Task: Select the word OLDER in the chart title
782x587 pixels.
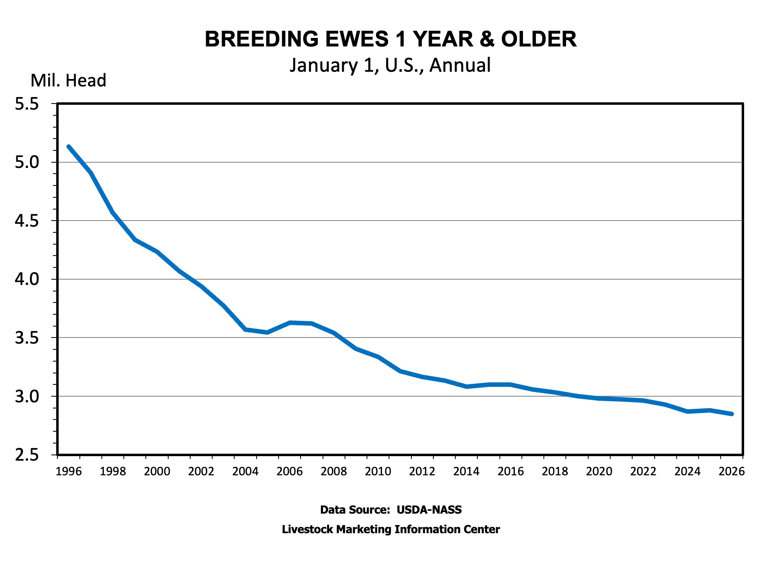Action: pos(538,40)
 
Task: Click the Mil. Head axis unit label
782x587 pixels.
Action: pos(68,81)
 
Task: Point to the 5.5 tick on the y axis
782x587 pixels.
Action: pos(27,104)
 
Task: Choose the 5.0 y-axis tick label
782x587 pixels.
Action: pos(27,163)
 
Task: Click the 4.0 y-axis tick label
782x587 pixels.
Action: pos(27,279)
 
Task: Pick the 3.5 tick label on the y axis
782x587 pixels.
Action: pos(27,338)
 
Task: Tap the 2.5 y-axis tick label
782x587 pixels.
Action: pos(27,455)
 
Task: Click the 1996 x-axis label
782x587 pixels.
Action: pos(68,472)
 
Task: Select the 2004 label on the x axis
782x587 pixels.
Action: pos(245,472)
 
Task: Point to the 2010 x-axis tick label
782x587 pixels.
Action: pos(378,472)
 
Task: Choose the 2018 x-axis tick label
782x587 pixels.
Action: pos(555,472)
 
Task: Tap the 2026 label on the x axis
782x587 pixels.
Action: pos(731,472)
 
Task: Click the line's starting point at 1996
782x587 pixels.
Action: pos(68,147)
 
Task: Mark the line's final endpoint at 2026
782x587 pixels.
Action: pos(731,414)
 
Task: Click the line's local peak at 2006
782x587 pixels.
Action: pos(290,323)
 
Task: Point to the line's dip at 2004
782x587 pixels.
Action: pos(245,329)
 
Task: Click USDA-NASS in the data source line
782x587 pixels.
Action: pos(429,510)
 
